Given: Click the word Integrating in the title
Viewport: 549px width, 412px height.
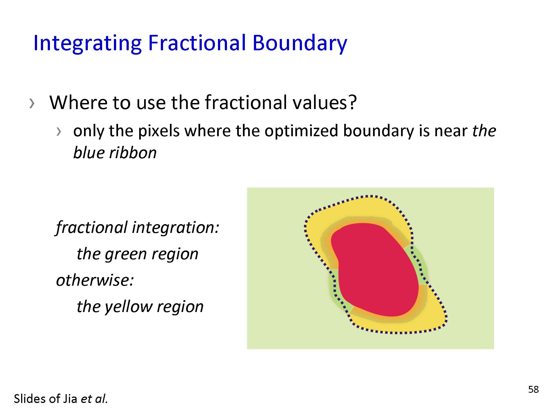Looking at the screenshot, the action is [x=87, y=43].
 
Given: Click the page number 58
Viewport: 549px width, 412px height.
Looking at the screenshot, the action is [x=533, y=389].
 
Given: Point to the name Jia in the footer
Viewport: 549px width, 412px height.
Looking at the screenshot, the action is [x=70, y=399].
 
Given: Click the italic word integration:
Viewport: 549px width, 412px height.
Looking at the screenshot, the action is [x=176, y=228].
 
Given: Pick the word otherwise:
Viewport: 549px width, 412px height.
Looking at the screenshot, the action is [x=95, y=280].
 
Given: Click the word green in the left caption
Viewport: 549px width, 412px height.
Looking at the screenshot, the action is [x=125, y=254].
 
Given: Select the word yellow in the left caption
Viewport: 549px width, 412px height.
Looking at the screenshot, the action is [x=128, y=307].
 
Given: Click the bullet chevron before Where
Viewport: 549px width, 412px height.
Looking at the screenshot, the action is [x=32, y=104].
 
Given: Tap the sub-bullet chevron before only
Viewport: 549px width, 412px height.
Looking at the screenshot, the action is [x=58, y=132].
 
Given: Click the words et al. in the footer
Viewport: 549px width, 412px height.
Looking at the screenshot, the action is [x=94, y=399].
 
